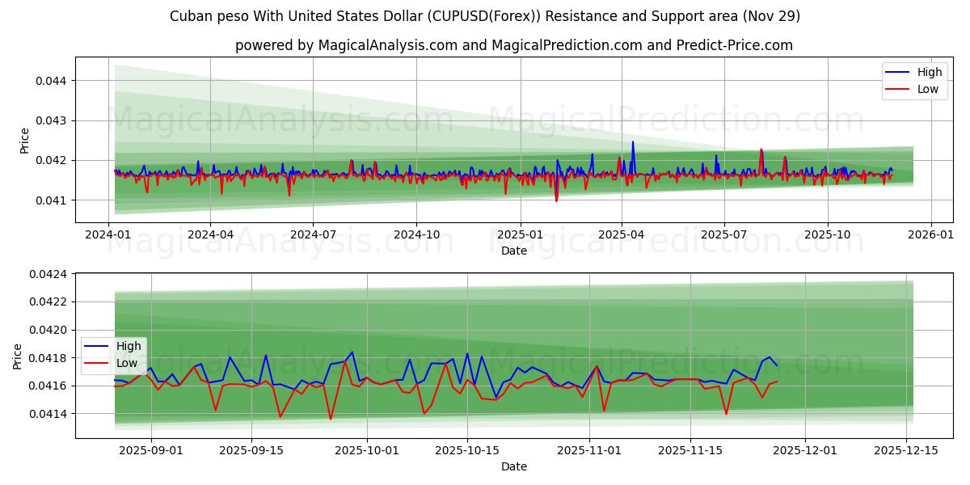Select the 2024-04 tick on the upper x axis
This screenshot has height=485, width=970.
210,234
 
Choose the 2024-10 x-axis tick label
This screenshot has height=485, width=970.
416,234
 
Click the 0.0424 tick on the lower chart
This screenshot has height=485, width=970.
48,274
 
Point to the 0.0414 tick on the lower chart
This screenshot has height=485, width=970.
48,414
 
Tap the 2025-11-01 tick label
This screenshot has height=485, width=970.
588,450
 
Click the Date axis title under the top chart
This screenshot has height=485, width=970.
514,251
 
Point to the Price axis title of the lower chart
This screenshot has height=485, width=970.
18,356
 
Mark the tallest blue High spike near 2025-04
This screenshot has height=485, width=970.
633,142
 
